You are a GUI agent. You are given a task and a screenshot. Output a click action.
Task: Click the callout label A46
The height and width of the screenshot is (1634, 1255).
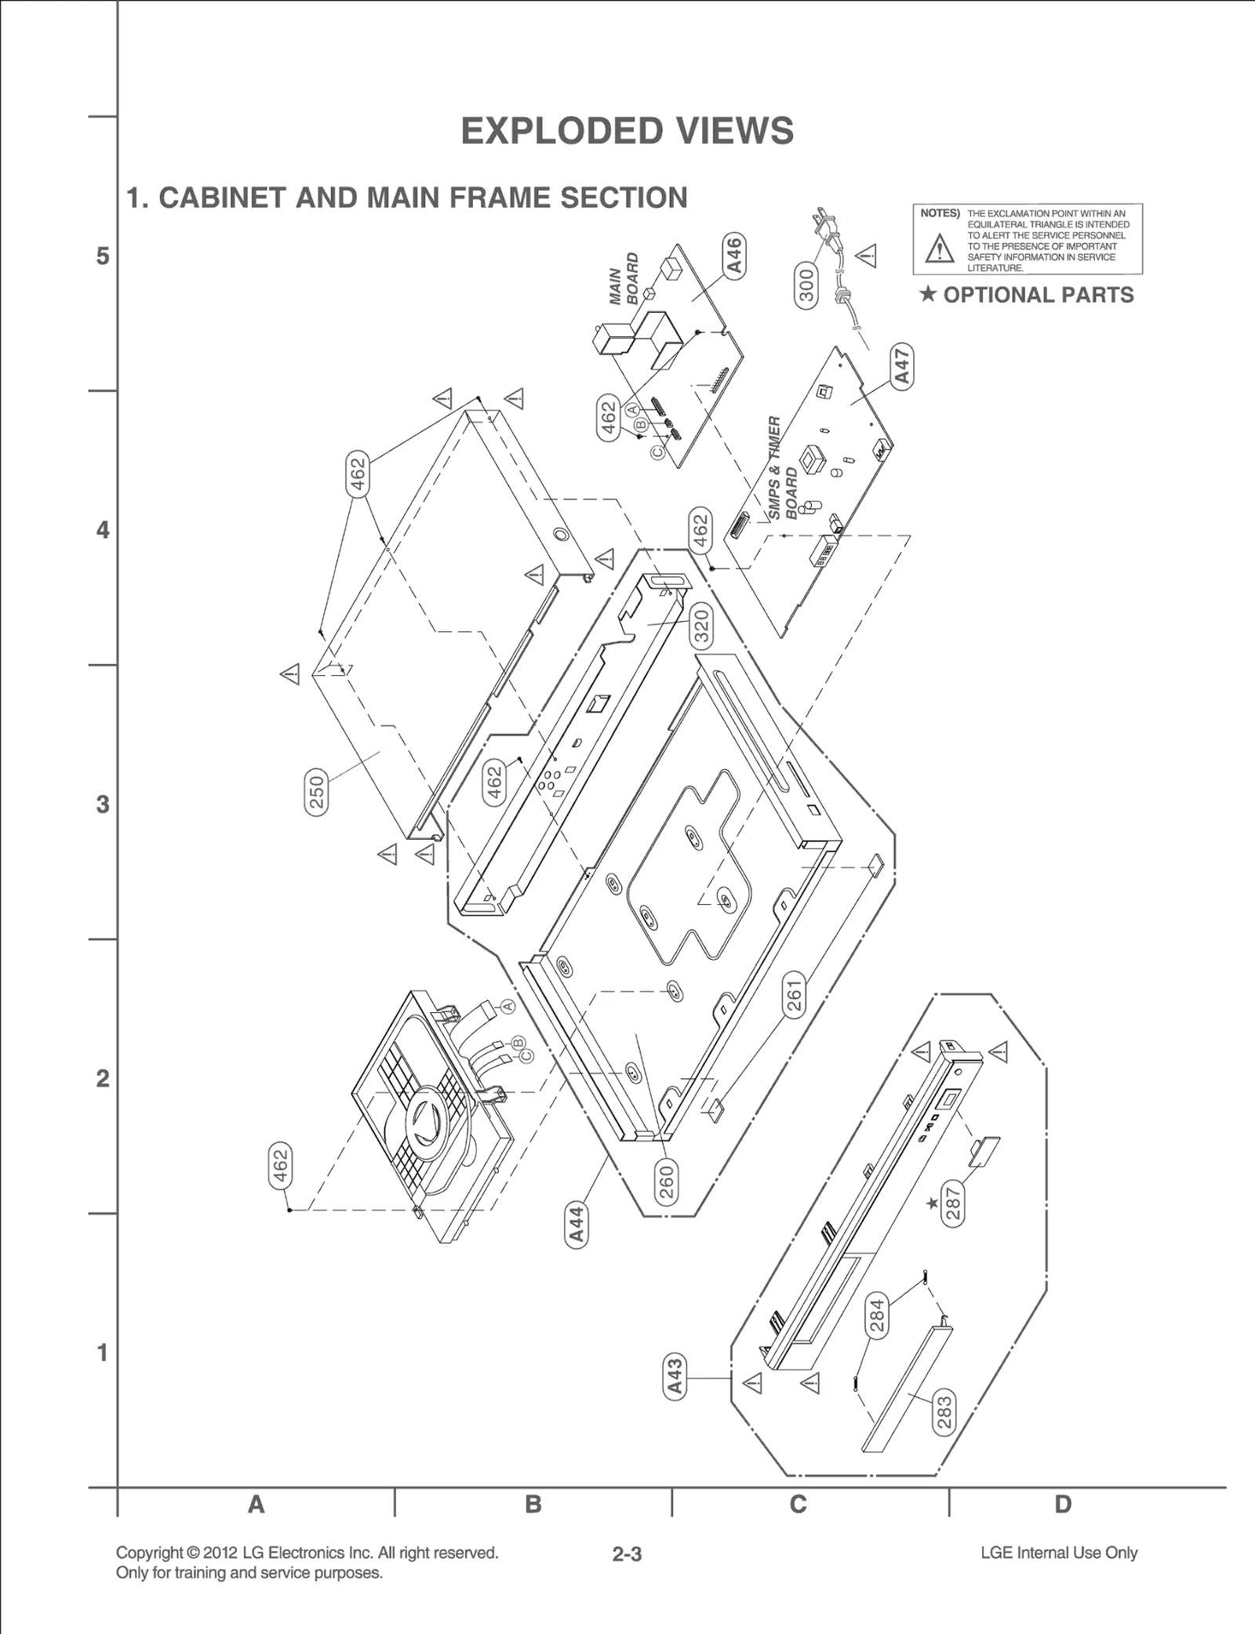click(x=733, y=255)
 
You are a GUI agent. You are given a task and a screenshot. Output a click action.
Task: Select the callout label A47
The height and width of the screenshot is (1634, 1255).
click(x=903, y=365)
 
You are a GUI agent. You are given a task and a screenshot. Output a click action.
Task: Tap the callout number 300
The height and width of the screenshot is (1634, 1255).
click(x=807, y=285)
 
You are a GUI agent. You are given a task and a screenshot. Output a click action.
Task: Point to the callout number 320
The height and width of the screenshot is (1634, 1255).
click(x=701, y=626)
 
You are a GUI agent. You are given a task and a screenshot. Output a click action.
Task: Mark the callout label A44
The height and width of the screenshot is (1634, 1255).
click(x=577, y=1225)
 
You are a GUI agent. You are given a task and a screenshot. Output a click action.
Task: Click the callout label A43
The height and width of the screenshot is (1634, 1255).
click(x=675, y=1377)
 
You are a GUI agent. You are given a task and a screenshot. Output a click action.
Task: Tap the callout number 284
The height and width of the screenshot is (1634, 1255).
click(x=878, y=1316)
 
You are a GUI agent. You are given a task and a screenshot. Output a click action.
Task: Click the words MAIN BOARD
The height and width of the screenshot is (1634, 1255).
click(x=624, y=279)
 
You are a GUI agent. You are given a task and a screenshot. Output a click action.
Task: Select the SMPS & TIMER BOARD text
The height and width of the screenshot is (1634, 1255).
click(x=783, y=469)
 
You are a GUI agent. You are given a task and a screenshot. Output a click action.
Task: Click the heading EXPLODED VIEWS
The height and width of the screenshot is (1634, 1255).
click(x=627, y=131)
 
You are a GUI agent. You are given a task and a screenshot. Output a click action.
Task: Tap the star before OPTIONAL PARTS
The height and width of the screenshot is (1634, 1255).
click(x=928, y=294)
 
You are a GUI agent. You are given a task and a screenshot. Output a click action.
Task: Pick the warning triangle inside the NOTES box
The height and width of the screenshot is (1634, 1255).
click(x=939, y=249)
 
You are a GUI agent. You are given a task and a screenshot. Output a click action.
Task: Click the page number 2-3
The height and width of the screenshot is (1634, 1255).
click(x=627, y=1554)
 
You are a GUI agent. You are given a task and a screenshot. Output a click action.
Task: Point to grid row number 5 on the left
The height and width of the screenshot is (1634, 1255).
click(x=103, y=256)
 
